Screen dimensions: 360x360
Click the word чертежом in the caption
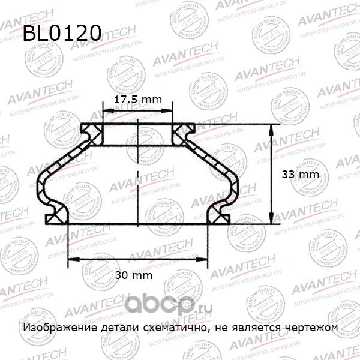[x=312, y=328]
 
